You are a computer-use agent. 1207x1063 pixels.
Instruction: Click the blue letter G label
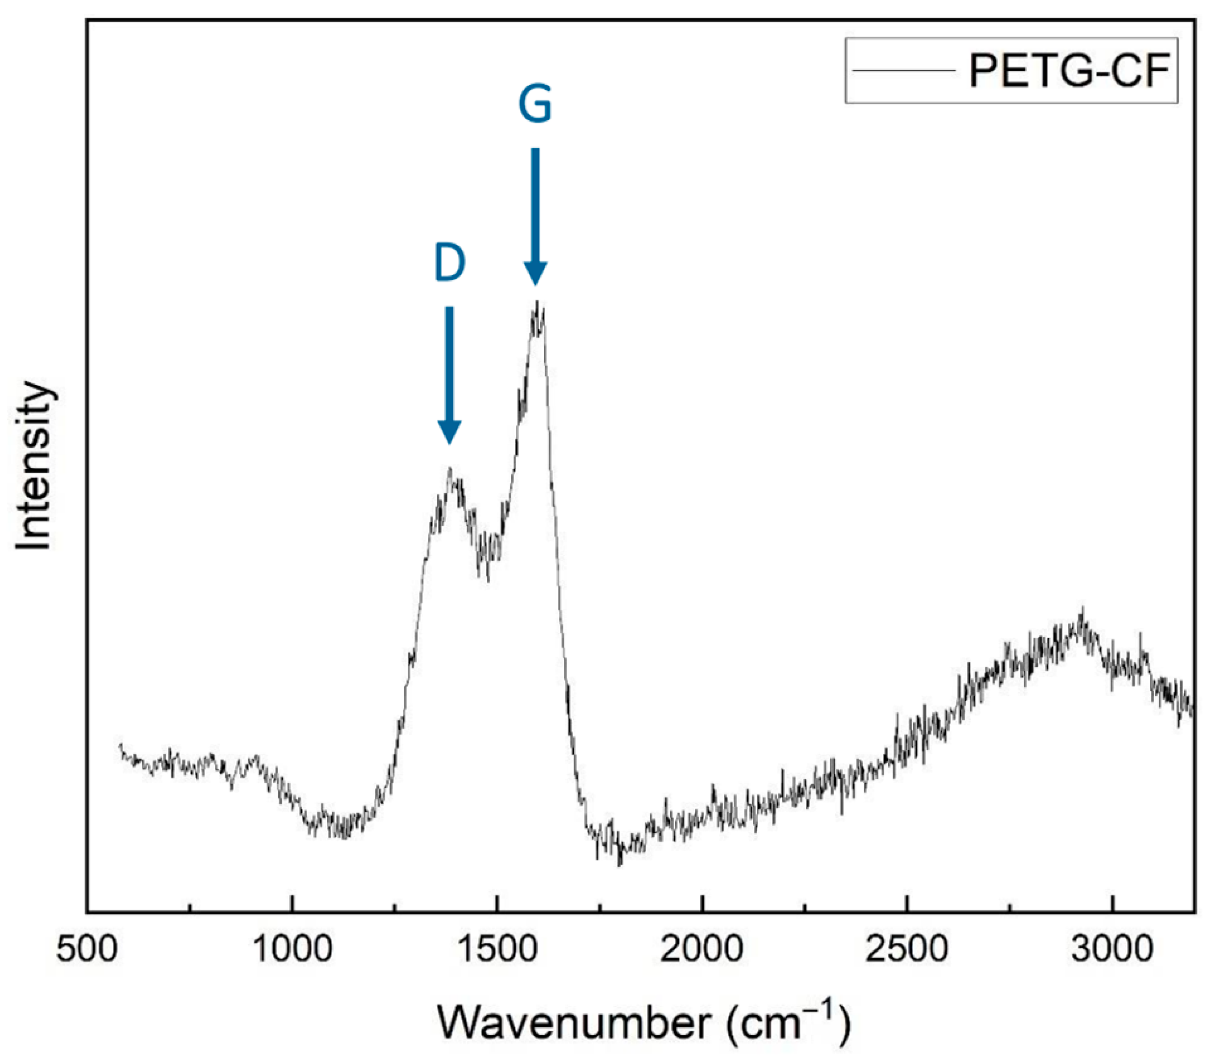click(x=535, y=104)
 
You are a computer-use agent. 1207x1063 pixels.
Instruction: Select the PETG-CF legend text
click(x=1069, y=71)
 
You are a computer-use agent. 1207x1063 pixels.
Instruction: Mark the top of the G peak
click(x=537, y=303)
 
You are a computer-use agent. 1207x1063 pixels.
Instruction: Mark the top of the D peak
click(x=450, y=469)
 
